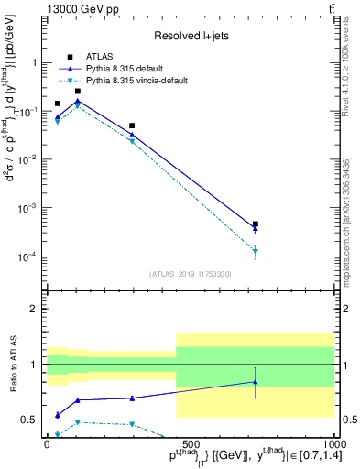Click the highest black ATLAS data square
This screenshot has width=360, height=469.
coord(78,91)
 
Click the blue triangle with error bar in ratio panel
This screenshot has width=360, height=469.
coord(256,382)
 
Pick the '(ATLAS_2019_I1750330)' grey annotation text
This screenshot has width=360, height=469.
coord(191,274)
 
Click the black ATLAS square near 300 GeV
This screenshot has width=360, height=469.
coord(132,125)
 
